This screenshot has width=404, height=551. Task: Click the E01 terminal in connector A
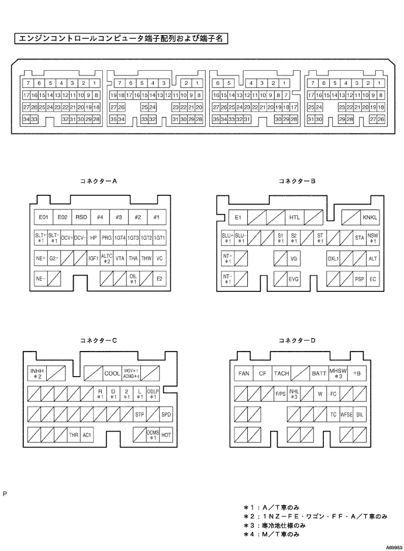(x=43, y=217)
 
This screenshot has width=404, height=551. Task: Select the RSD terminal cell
(x=81, y=217)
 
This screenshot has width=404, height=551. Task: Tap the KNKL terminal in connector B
(x=370, y=218)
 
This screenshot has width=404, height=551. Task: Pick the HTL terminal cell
(x=294, y=218)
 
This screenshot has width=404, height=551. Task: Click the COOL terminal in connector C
(x=112, y=373)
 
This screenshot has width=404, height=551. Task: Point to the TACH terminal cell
(x=281, y=373)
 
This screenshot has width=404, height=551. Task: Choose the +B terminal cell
(x=357, y=373)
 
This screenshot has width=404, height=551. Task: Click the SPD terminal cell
(x=167, y=415)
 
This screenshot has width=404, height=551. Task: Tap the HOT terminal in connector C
(x=167, y=435)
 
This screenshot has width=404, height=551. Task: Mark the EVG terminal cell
(x=294, y=280)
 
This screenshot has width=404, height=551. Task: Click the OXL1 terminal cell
(x=333, y=259)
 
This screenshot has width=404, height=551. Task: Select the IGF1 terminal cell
(x=93, y=259)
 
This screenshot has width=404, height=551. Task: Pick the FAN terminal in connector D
(x=243, y=373)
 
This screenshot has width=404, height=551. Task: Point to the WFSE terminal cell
(x=346, y=414)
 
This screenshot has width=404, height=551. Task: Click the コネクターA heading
(x=99, y=181)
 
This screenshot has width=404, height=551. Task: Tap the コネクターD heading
(x=298, y=340)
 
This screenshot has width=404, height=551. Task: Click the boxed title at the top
(x=121, y=39)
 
